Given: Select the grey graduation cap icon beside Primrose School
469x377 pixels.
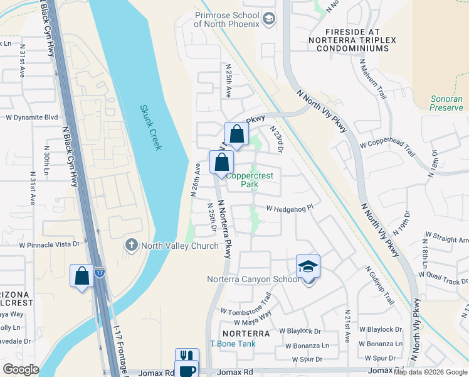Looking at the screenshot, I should [x=269, y=19].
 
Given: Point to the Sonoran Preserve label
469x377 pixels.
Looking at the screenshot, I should [x=446, y=103].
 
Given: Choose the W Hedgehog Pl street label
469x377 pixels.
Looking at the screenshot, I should [x=289, y=208].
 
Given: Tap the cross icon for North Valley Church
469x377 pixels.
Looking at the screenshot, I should [x=132, y=245].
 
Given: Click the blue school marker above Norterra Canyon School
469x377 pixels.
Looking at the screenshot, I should [x=308, y=266].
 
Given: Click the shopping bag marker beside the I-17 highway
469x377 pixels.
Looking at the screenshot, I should [x=82, y=276].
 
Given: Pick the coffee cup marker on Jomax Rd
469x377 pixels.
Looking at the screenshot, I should [x=187, y=371].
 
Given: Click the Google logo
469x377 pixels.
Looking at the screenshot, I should [x=21, y=369].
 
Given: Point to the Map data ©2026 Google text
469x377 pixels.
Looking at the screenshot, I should [x=430, y=372].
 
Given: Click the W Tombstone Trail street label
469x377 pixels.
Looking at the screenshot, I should [x=246, y=303].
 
